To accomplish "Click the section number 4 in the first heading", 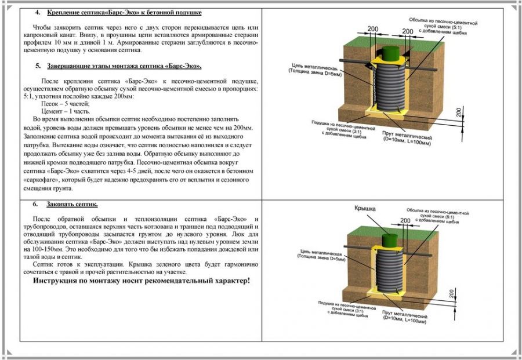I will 38,12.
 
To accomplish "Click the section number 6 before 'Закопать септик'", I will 35,205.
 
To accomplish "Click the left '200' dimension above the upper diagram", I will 373,28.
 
